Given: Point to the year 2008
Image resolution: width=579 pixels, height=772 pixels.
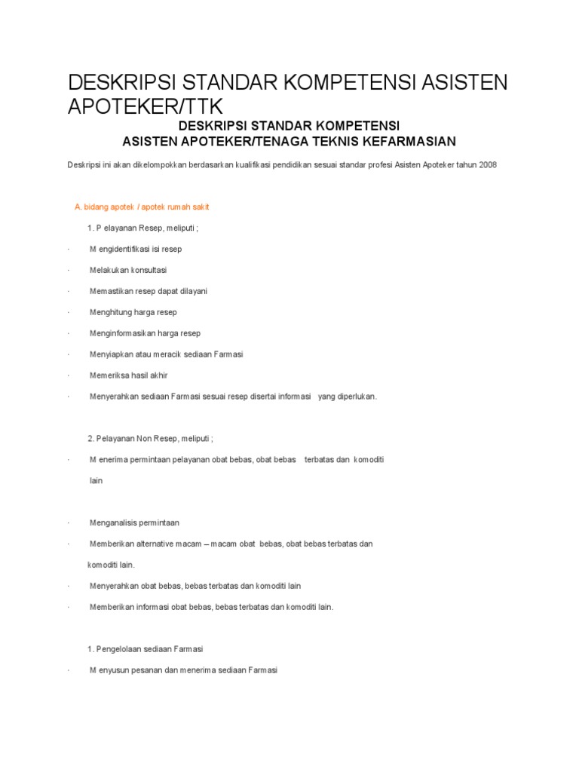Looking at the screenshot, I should point(487,165).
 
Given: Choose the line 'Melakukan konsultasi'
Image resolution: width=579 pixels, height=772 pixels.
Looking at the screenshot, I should point(128,270).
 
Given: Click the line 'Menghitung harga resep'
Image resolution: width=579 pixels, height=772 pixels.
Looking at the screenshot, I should point(133,312).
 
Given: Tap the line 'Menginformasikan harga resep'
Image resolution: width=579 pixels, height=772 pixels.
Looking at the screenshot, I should point(145,333).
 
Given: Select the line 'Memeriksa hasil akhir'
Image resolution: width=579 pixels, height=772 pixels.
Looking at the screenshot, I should point(128,375).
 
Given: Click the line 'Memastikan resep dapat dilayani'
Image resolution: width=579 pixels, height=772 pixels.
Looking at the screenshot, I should point(148,291).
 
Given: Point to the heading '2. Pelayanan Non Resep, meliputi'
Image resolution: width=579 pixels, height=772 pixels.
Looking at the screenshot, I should point(151,438).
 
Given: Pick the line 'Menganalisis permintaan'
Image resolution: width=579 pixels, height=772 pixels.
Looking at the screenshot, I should point(134,522).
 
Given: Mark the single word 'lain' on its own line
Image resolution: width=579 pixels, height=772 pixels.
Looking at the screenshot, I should point(96,480).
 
